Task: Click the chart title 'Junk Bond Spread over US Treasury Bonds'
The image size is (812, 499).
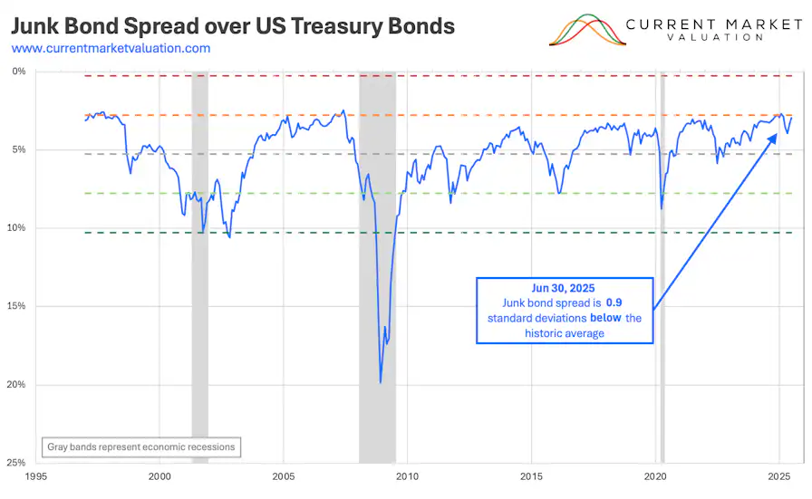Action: coord(233,25)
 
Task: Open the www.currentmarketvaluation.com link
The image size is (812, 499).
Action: coord(111,48)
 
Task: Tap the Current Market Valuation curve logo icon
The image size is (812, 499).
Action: coord(587,30)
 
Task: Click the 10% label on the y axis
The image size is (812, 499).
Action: coord(16,228)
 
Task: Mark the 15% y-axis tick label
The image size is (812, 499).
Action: coord(16,306)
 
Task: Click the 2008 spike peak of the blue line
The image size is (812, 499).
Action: coord(381,382)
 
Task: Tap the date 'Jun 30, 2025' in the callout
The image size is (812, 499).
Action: coord(565,287)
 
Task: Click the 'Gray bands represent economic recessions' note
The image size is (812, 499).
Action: coord(140,446)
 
